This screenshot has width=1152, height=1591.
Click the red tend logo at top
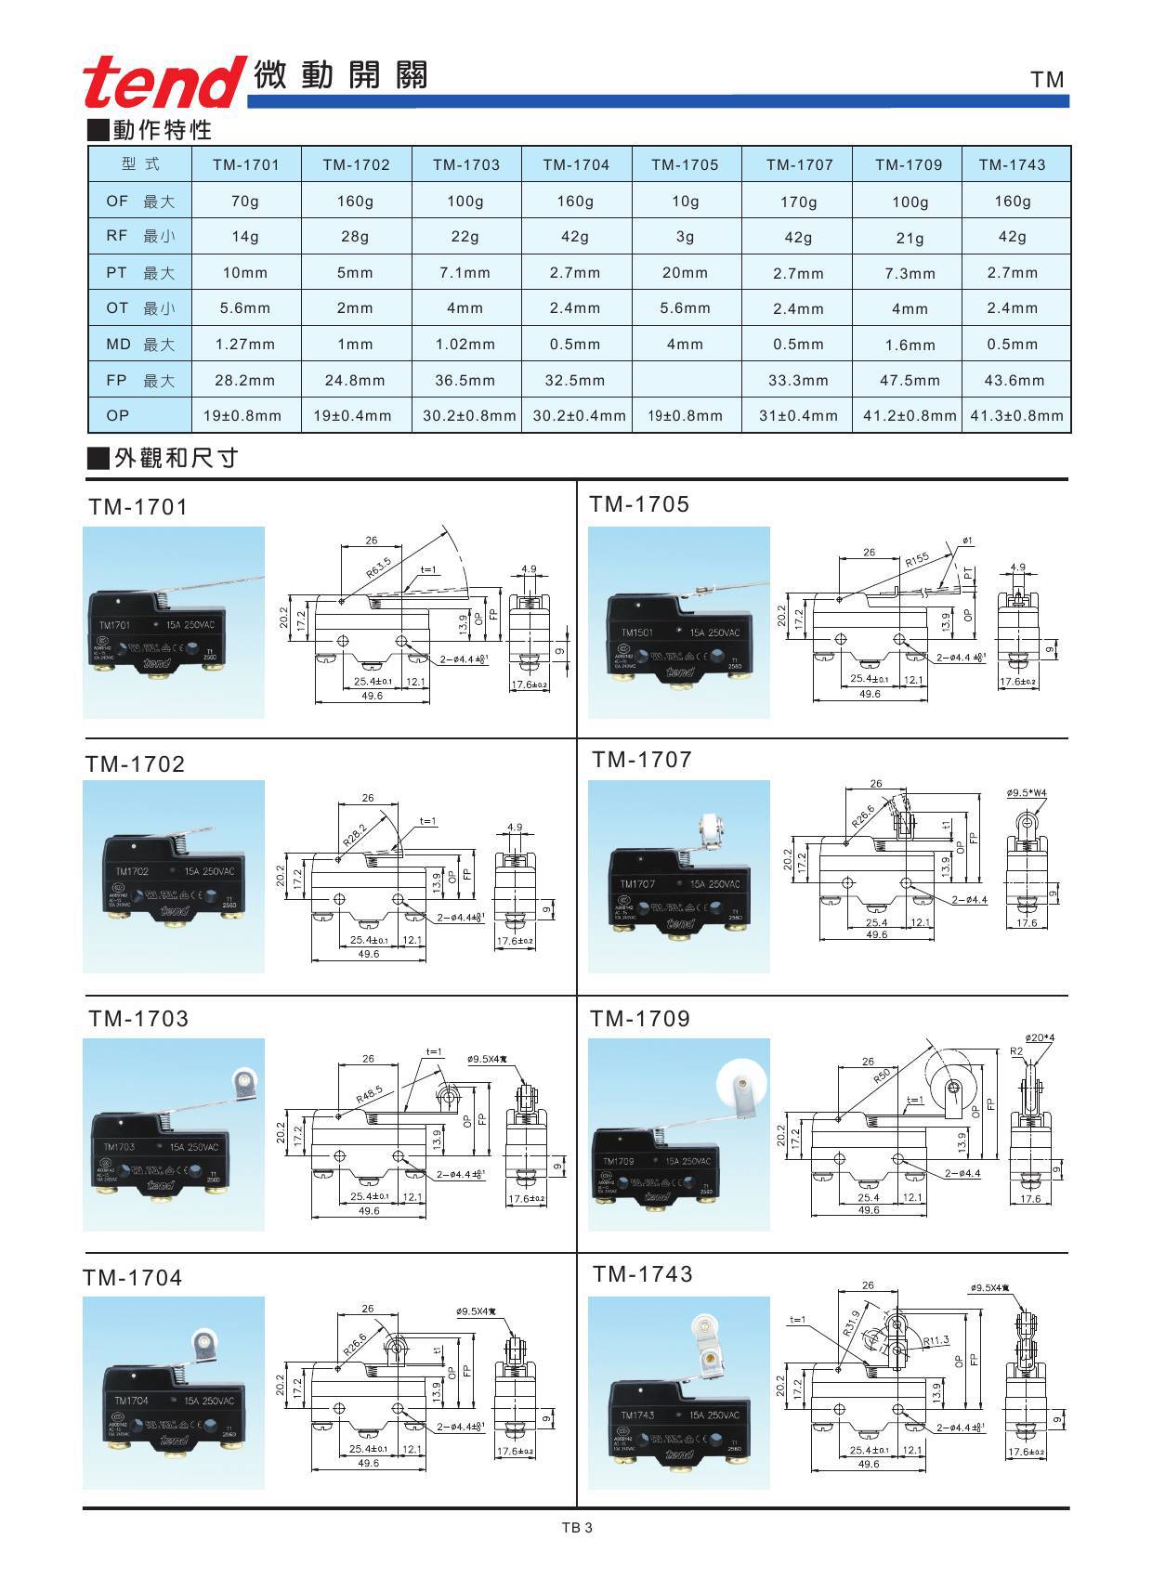pos(161,81)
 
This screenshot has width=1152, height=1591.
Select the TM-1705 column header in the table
pos(685,164)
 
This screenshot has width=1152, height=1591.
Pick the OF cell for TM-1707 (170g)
pos(798,202)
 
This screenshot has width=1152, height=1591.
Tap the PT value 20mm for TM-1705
pos(685,273)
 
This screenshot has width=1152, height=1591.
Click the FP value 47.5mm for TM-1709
pos(910,380)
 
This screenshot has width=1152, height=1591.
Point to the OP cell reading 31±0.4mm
pos(798,416)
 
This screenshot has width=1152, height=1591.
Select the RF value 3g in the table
pos(685,237)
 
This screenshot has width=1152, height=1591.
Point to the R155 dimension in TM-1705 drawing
pos(916,561)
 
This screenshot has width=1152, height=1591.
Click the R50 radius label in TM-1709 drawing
pos(882,1079)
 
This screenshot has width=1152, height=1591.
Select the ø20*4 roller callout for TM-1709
pos(1040,1037)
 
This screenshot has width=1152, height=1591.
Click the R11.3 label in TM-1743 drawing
pos(936,1340)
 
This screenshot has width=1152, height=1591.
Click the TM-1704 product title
pos(133,1278)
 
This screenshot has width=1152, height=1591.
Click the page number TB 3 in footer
pos(576,1527)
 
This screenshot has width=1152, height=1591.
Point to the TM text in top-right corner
pos(1047,80)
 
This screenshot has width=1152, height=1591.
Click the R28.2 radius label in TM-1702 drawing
pos(353,833)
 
